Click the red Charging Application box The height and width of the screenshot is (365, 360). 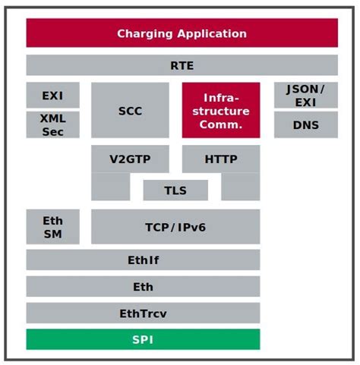coord(182,33)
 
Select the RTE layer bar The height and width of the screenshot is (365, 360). coord(182,65)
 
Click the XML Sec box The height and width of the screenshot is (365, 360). coord(52,124)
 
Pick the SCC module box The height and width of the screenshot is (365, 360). coord(130,110)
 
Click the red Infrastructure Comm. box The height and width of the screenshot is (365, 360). coord(221,110)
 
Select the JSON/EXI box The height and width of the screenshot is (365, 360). coord(306,95)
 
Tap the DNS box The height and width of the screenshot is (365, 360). coord(306,124)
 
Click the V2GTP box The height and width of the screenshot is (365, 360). coord(130,159)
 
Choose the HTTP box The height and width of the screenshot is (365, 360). coord(221,159)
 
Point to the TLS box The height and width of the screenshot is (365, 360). coord(175,190)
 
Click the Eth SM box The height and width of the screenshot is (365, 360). coord(52,226)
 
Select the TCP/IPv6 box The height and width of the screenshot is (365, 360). coord(175,226)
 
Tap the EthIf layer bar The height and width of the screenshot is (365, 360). coord(143,260)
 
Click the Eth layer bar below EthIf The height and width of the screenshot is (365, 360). coord(143,286)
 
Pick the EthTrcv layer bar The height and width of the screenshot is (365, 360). coord(143,313)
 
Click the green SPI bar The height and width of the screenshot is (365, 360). coord(143,339)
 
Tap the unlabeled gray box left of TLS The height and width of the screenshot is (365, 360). coord(110,187)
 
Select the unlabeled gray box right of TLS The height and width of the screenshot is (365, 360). coord(241,187)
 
